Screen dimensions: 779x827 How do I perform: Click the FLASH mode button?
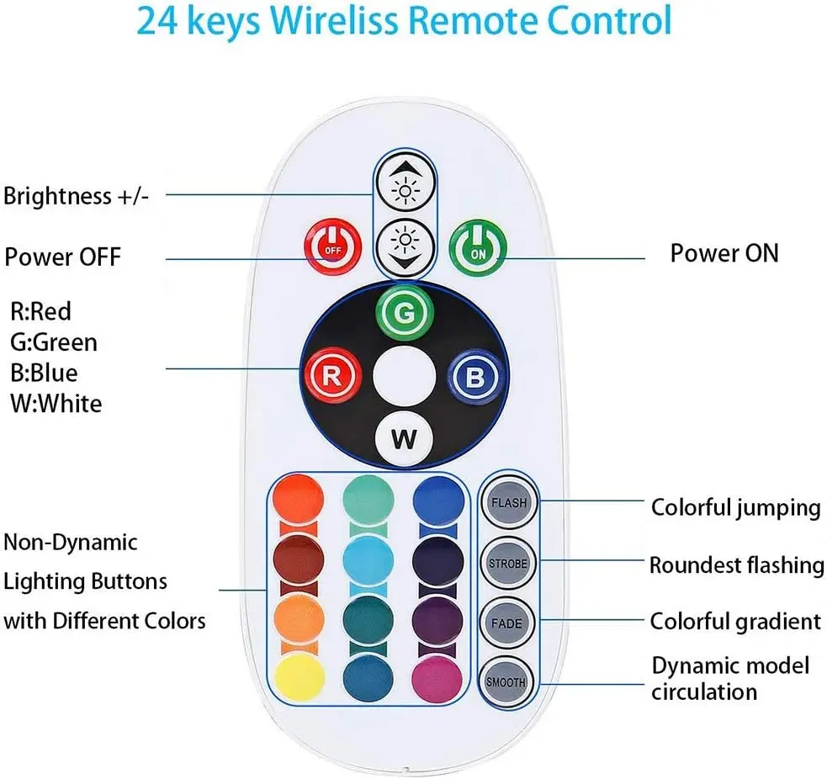[508, 503]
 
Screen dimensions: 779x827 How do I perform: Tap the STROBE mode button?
[508, 563]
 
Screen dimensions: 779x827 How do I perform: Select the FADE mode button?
[508, 623]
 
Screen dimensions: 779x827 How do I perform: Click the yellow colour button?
[299, 677]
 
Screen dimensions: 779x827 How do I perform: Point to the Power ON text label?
[724, 253]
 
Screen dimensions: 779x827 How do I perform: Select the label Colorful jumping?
[735, 507]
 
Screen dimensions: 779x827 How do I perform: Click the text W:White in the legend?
[56, 403]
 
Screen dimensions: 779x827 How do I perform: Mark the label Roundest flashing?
[736, 564]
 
